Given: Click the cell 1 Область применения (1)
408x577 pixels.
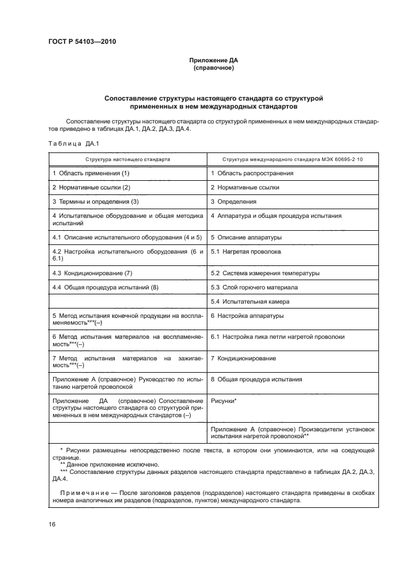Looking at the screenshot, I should pos(91,173).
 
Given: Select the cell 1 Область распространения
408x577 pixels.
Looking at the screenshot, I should pos(252,173).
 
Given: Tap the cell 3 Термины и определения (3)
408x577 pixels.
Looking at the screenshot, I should pos(96,201).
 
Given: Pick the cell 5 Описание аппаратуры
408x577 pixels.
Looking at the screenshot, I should pos(246,237).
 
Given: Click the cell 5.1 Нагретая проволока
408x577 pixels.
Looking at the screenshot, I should pos(246,252).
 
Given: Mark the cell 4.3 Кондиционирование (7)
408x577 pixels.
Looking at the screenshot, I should pos(93,273).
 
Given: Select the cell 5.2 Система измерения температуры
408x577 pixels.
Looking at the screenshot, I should pos(265,273).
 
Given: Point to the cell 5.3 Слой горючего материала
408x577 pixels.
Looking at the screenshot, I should pos(254,287).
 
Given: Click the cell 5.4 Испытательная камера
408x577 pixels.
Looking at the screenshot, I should pos(250,302).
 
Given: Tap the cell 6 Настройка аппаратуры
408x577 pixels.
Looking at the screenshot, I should pos(248,316).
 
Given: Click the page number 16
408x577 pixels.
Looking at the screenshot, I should pos(52,524).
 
